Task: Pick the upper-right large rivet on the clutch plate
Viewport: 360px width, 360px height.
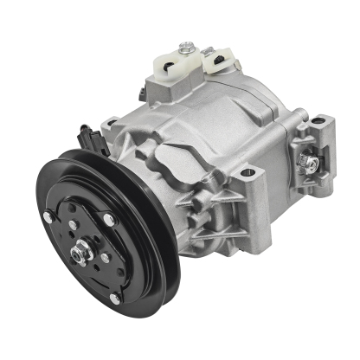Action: [x=109, y=219]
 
